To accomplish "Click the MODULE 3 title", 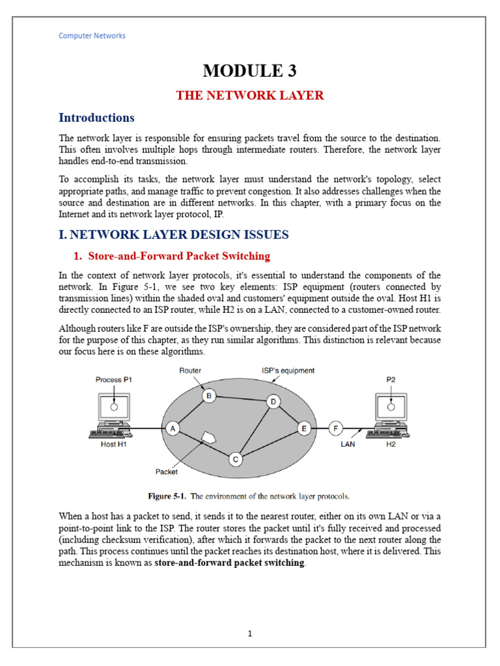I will pos(250,70).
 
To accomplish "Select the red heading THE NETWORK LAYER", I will pos(250,96).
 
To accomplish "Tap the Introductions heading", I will pos(96,118).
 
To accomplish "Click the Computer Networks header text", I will pos(92,36).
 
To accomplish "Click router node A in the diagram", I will pos(173,429).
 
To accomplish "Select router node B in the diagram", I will pos(208,395).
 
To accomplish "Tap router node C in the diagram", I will pos(236,460).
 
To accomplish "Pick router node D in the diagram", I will pos(273,403).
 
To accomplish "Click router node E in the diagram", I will pos(303,429).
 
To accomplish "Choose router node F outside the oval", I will pos(335,429).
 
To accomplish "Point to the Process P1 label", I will pos(113,380).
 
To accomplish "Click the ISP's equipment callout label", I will pos(288,371).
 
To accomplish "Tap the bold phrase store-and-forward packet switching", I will pos(229,563).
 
